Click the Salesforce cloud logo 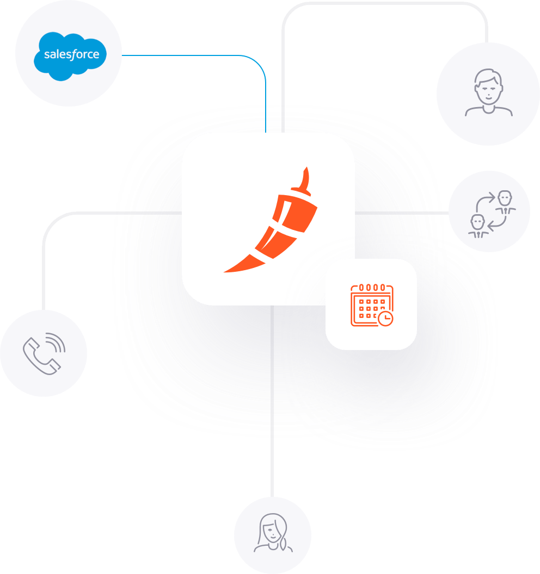coord(70,56)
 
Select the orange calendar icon coord(372,305)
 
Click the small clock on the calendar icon coord(385,319)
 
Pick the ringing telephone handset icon coord(40,356)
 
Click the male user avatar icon coord(489,92)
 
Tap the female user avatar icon coord(273,533)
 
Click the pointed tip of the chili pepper coord(224,272)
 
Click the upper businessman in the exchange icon coord(505,202)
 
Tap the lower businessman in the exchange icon coord(478,227)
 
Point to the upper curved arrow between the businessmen coord(483,201)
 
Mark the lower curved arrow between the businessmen coord(499,224)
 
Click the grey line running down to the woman coord(272,401)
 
